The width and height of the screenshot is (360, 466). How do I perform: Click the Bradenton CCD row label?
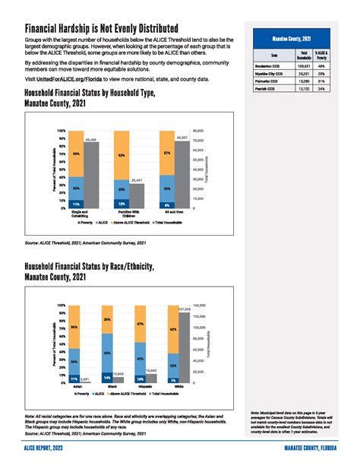(x=272, y=64)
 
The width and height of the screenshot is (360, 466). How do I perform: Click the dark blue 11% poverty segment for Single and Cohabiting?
(x=76, y=204)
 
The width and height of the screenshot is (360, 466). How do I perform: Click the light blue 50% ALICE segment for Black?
(x=106, y=353)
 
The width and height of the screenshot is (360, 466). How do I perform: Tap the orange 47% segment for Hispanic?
(x=140, y=324)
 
